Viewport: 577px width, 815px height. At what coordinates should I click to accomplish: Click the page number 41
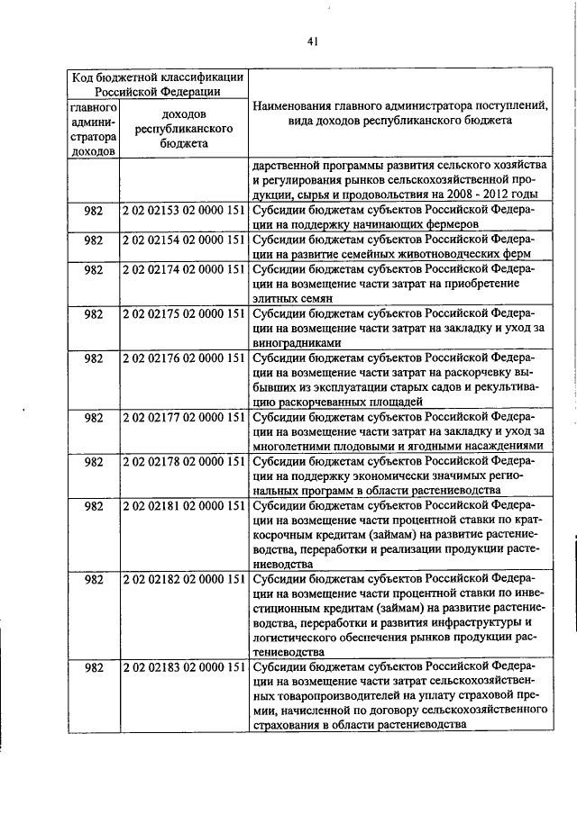point(310,40)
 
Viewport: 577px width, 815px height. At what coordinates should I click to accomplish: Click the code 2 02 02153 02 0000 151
point(184,210)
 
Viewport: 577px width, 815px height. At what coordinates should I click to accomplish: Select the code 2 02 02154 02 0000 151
point(184,239)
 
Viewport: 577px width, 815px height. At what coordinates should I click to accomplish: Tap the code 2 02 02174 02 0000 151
point(184,268)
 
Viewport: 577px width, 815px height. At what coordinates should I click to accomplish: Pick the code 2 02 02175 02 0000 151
point(184,313)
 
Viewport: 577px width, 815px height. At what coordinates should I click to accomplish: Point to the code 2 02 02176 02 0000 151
point(184,358)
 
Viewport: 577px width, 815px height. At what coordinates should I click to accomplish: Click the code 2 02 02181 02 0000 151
point(184,505)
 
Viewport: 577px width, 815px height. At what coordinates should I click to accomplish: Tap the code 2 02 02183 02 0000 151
point(184,667)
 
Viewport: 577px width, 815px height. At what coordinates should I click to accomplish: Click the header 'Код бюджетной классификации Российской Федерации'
point(157,84)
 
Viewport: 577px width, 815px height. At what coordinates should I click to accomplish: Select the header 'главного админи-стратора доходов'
point(93,129)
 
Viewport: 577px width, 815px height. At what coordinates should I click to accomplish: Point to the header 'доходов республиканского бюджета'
point(184,129)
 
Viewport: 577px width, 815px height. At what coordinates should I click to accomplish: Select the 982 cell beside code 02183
point(93,667)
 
